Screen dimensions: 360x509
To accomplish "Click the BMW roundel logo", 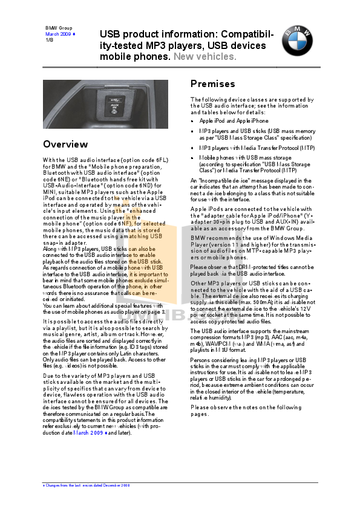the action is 296,42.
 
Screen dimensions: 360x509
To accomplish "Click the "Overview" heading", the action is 65,144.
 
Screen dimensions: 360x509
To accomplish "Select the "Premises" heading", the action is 212,84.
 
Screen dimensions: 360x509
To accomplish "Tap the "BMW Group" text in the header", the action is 59,28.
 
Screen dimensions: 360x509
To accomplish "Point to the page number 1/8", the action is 50,40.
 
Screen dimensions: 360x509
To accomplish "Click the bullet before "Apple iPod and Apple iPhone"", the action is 192,121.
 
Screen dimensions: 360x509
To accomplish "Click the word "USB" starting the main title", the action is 110,35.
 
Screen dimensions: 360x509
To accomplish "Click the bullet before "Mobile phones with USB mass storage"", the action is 192,157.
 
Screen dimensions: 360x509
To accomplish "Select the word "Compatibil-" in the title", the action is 249,35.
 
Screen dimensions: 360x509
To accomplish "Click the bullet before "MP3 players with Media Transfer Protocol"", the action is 192,148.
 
